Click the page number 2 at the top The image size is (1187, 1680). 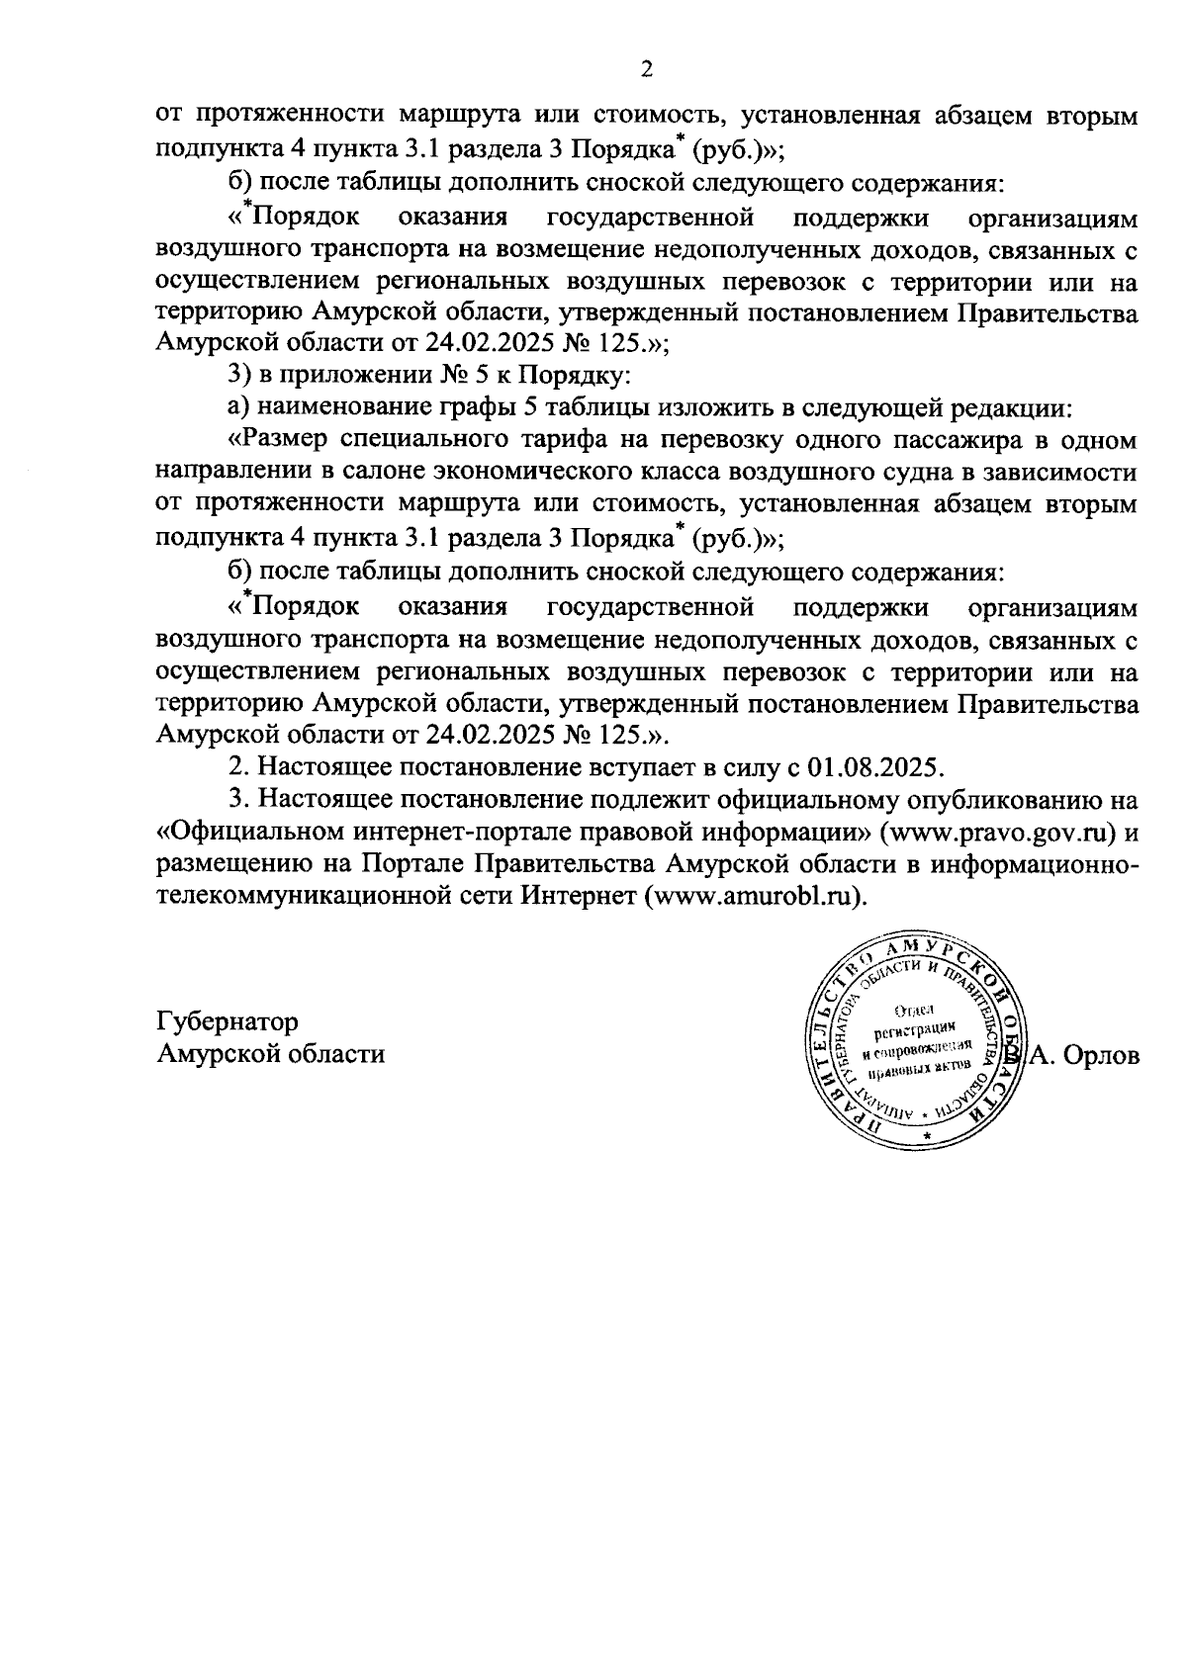(x=647, y=69)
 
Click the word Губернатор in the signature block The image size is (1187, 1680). (x=228, y=1020)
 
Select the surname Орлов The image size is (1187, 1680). (x=1098, y=1055)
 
